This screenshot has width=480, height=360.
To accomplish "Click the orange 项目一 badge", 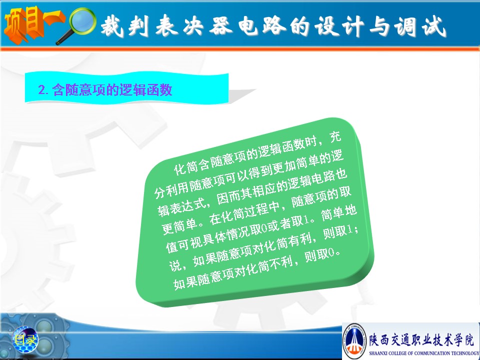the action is tap(33, 24).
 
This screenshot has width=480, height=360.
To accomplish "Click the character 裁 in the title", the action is tap(111, 26).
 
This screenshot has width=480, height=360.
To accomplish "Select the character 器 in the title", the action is tap(221, 25).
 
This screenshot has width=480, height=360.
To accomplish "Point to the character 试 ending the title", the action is tap(433, 26).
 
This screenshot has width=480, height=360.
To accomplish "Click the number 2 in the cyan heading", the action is tap(41, 89).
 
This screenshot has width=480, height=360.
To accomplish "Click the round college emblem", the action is tap(354, 341).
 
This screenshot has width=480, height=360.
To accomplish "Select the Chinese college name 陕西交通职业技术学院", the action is tap(421, 339).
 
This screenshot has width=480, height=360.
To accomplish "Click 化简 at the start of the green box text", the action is tap(186, 168).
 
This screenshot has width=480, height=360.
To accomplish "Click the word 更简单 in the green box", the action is tap(179, 226).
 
